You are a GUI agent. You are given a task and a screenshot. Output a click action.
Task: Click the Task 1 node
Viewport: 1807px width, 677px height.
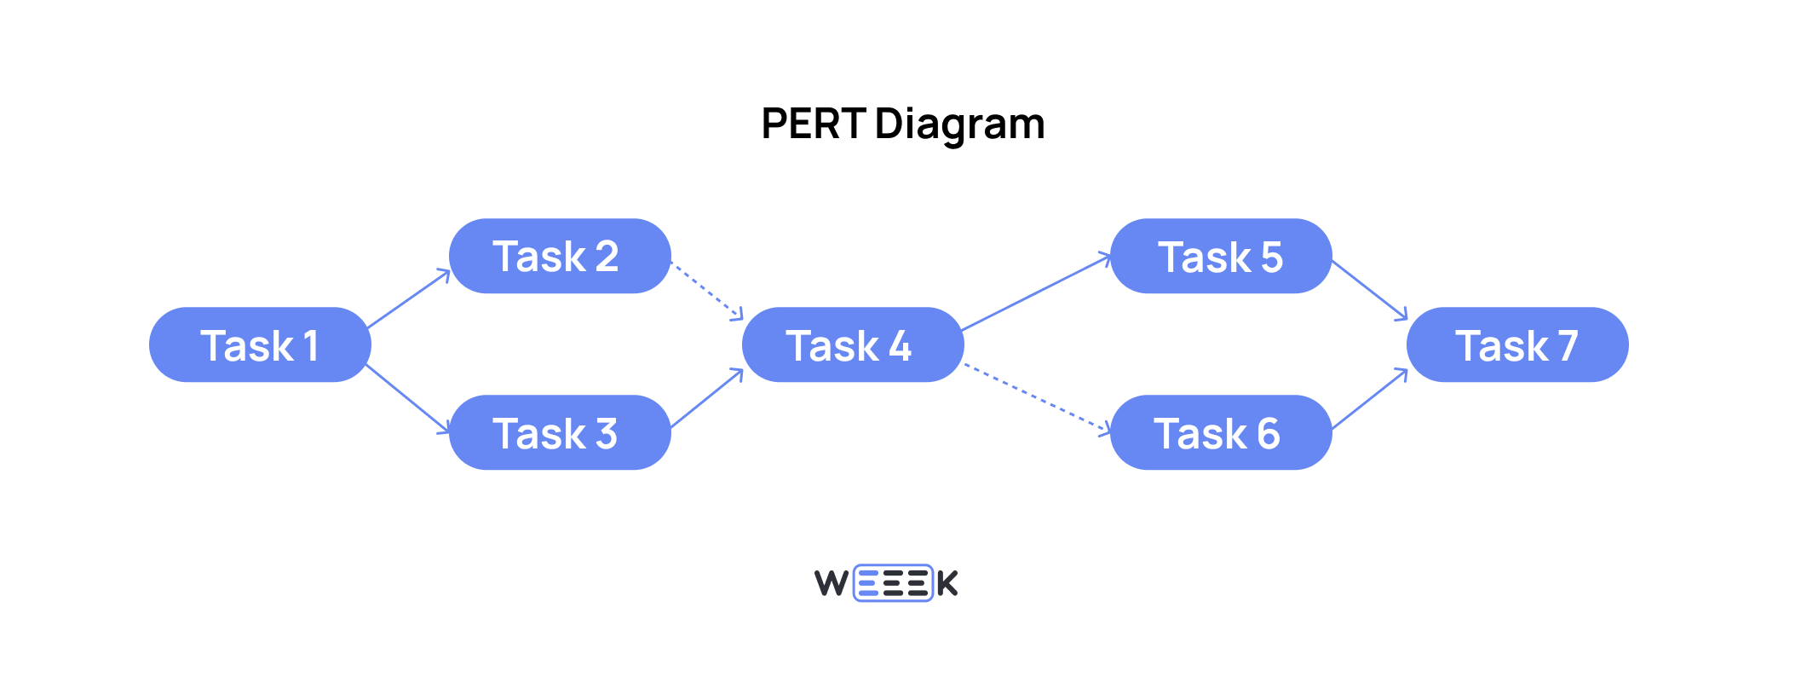coord(260,344)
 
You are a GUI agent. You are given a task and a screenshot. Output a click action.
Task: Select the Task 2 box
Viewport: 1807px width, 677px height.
coord(560,256)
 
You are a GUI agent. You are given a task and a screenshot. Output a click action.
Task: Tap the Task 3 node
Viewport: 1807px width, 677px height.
coord(560,432)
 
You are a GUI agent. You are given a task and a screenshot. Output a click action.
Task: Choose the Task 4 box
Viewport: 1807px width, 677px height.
coord(853,344)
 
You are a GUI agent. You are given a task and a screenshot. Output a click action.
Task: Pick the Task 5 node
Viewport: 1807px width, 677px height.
coord(1221,256)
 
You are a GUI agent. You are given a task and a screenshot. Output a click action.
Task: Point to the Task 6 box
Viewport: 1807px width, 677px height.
coord(1221,432)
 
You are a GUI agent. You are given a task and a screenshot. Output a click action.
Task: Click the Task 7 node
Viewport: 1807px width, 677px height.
coord(1517,344)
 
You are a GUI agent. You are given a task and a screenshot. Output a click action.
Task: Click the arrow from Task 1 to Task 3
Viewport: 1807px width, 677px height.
coord(407,397)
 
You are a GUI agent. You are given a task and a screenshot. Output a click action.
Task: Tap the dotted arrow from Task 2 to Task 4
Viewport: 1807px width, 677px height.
coord(707,292)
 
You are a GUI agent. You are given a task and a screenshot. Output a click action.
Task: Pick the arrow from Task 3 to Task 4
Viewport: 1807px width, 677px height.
coord(707,398)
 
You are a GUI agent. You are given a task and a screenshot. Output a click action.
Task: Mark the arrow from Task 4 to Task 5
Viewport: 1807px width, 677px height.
coord(1036,292)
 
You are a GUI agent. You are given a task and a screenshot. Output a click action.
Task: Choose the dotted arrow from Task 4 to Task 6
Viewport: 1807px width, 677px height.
coord(1036,397)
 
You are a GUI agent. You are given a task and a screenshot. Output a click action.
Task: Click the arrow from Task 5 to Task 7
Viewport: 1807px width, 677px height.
coord(1369,291)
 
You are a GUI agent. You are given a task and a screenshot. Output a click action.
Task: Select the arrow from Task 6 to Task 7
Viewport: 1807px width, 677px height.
coord(1369,399)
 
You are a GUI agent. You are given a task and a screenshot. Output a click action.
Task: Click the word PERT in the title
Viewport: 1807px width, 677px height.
coord(813,124)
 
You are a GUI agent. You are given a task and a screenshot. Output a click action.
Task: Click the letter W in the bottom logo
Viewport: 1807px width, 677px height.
coord(832,583)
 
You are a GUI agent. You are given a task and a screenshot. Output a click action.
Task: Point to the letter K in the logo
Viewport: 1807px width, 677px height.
coord(947,583)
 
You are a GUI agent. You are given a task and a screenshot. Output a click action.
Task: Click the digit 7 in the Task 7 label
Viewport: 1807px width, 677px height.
coord(1568,345)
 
